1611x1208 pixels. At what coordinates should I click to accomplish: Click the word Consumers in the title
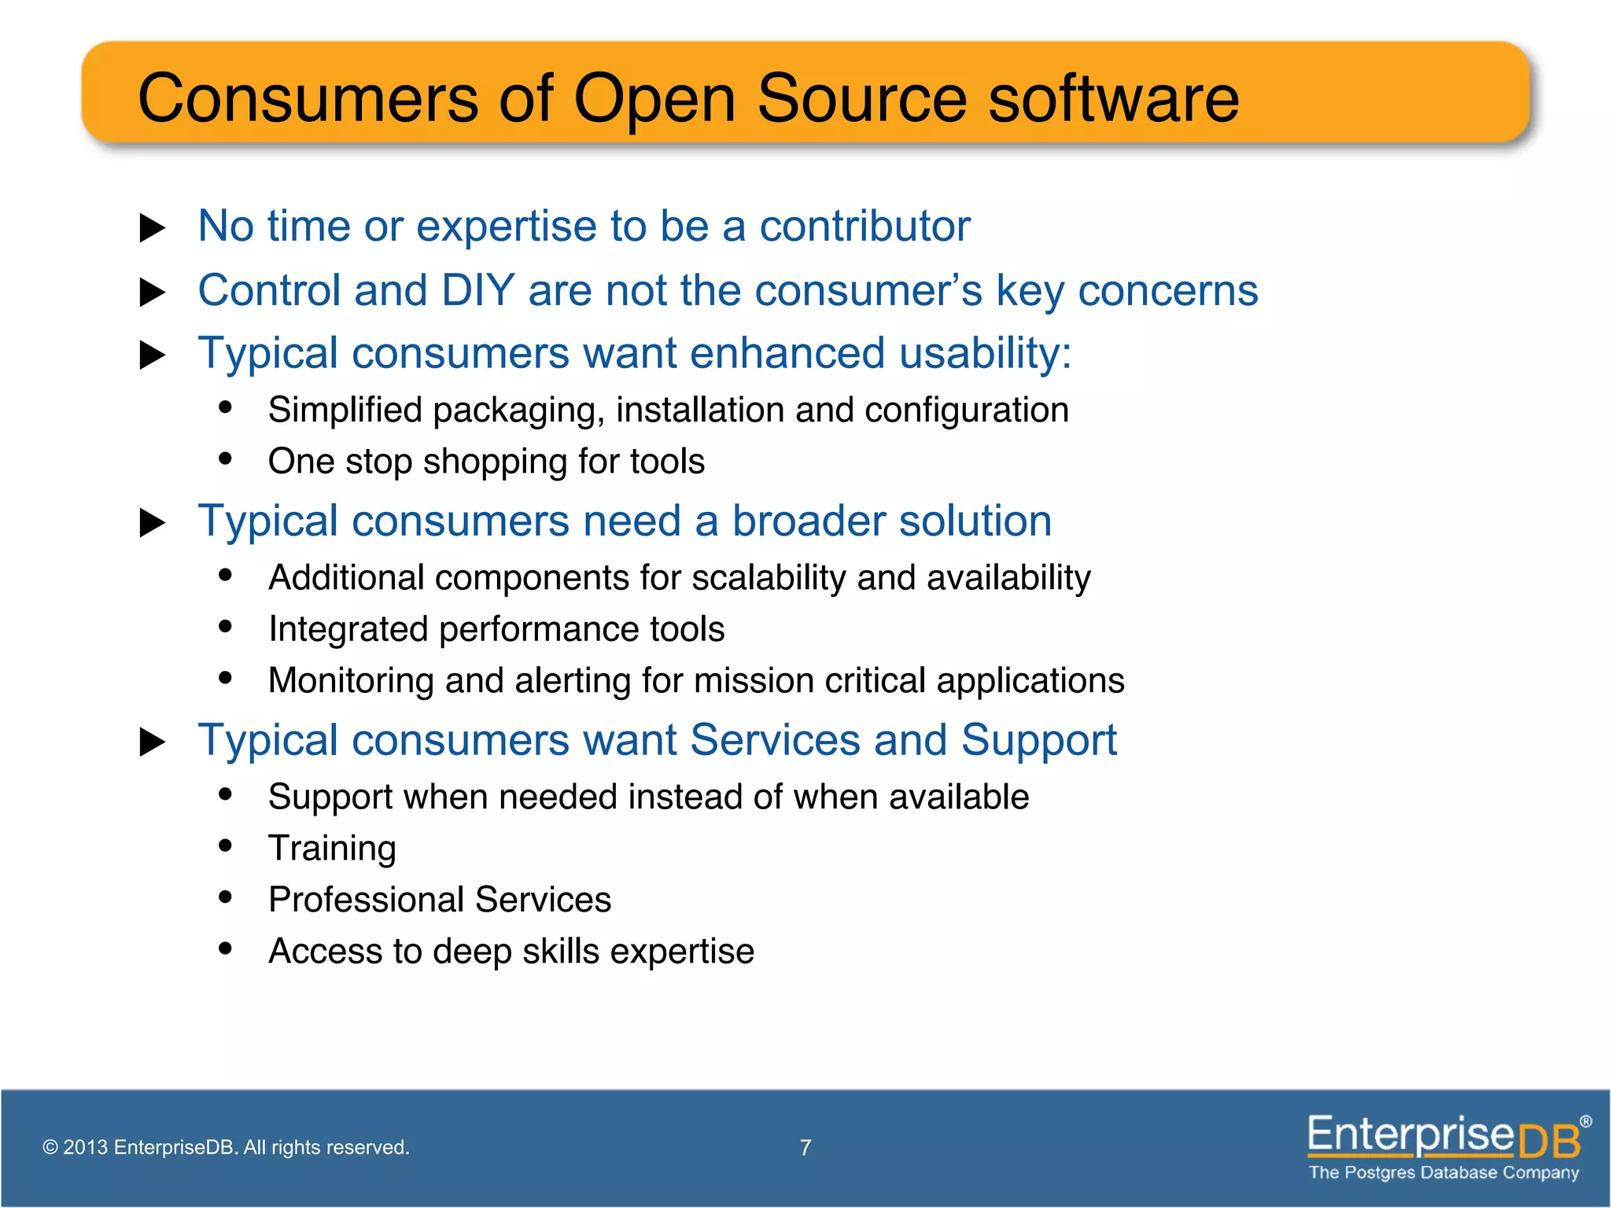click(308, 98)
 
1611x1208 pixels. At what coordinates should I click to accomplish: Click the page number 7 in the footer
click(805, 1147)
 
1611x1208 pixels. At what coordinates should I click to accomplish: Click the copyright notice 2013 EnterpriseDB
click(227, 1147)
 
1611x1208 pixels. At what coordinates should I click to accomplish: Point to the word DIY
click(477, 290)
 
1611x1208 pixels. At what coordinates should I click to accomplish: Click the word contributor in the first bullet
click(864, 226)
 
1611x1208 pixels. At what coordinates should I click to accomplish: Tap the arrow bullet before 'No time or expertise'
click(152, 228)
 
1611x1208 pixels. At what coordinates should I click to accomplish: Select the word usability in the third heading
click(985, 353)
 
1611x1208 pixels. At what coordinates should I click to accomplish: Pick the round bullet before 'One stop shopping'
click(226, 459)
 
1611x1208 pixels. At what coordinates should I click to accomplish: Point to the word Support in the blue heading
click(1038, 741)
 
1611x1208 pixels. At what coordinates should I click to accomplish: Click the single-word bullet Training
click(332, 849)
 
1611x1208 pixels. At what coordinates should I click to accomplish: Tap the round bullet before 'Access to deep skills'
click(226, 948)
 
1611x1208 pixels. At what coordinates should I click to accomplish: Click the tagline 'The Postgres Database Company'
click(1443, 1173)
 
